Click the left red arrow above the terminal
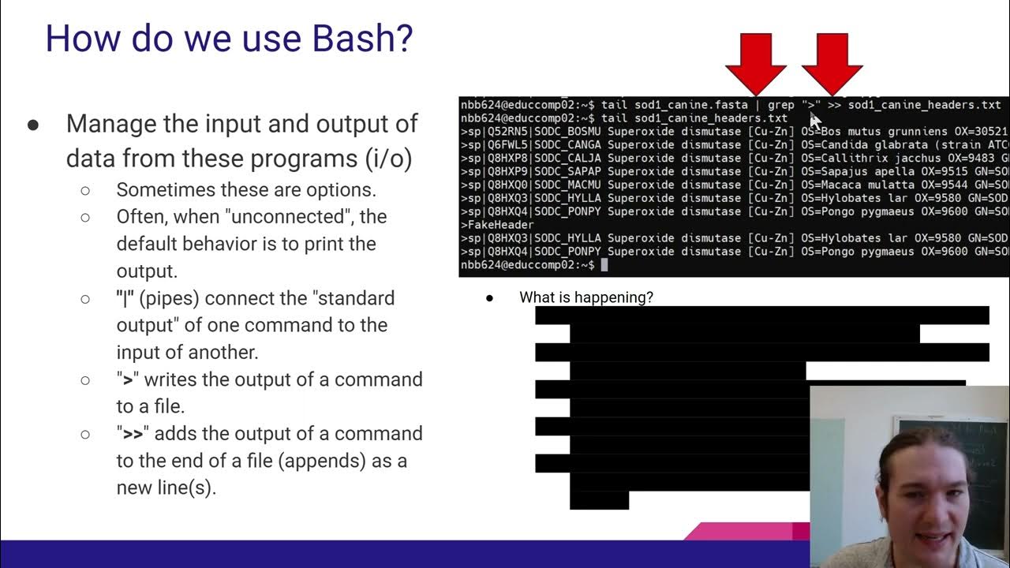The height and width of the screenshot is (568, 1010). [x=756, y=63]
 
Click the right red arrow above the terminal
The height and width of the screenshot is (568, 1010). [x=832, y=63]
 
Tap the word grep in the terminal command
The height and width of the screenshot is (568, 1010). [x=780, y=105]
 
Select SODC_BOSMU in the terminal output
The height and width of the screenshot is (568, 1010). [x=567, y=132]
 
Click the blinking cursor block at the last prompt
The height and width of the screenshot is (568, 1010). [x=604, y=265]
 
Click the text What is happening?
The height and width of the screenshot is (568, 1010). [x=585, y=297]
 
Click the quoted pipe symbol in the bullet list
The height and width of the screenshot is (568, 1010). [x=125, y=298]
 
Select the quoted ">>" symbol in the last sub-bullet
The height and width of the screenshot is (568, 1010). [x=133, y=433]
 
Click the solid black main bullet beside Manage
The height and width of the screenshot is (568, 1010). [x=33, y=125]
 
